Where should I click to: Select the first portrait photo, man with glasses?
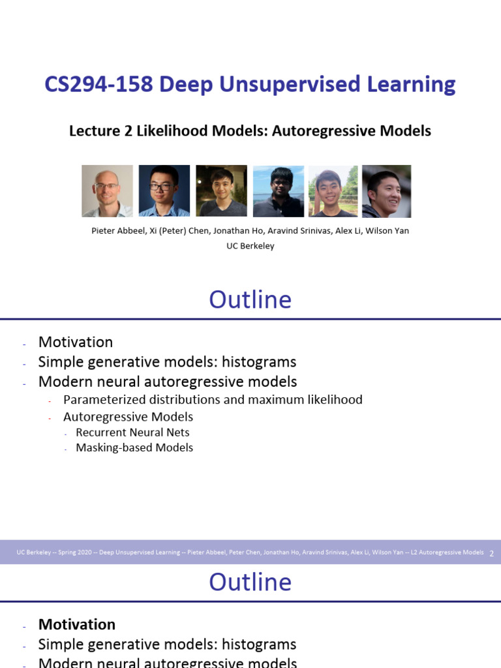(x=107, y=191)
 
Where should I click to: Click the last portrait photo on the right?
(x=386, y=191)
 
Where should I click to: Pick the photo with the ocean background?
(x=279, y=191)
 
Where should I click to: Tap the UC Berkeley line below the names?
(x=250, y=246)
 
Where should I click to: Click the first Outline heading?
(x=250, y=299)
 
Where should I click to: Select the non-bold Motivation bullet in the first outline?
(x=76, y=342)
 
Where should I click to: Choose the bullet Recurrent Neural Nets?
(x=132, y=433)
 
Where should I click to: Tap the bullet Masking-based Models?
(x=134, y=448)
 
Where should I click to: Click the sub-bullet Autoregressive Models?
(x=128, y=416)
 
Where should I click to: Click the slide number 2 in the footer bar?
(x=491, y=553)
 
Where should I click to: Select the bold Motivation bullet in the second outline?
(x=77, y=624)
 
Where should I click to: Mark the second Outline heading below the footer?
(x=250, y=582)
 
